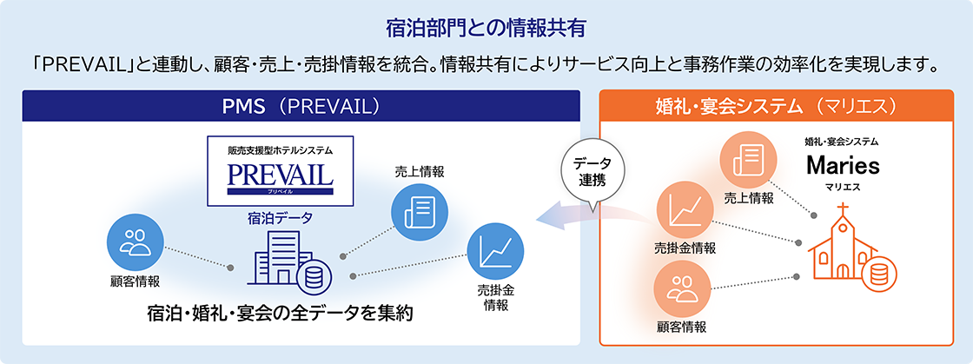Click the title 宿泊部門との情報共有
(x=486, y=27)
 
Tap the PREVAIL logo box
(x=281, y=170)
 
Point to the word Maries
(x=842, y=165)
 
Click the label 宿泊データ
(x=281, y=220)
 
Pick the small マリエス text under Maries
(x=842, y=187)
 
